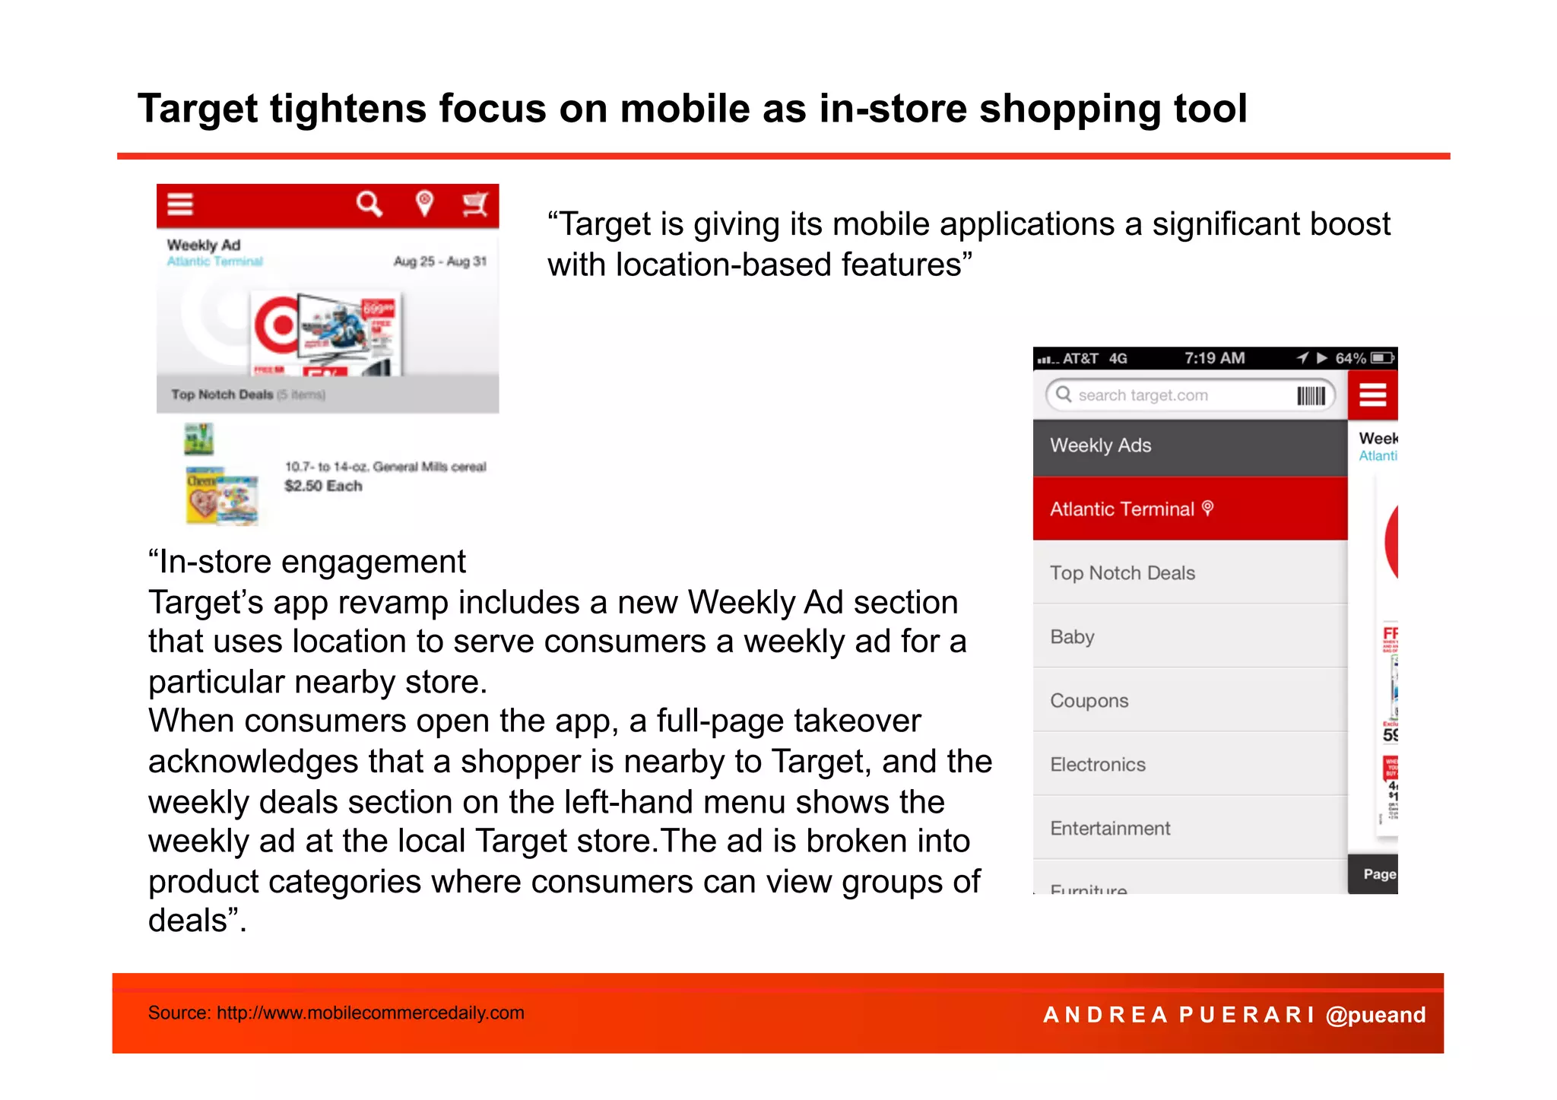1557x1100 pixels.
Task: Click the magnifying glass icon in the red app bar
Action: (x=369, y=204)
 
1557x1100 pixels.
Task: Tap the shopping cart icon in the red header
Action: (x=475, y=204)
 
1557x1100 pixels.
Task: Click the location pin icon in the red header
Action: (x=424, y=204)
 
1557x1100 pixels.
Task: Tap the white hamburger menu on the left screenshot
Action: (x=180, y=204)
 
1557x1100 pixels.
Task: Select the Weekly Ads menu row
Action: (x=1100, y=445)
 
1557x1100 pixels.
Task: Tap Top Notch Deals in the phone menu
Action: (x=1122, y=573)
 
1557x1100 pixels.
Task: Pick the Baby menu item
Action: (x=1072, y=637)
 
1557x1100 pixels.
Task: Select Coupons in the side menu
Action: (x=1089, y=701)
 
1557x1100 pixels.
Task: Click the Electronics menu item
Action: (x=1097, y=765)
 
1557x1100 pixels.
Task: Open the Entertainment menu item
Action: (x=1110, y=829)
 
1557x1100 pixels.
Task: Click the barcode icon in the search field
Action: (x=1311, y=395)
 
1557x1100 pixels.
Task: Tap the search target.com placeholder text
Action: (x=1143, y=395)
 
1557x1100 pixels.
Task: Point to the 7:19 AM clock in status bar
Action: (x=1214, y=358)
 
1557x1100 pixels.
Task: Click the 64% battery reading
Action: (x=1350, y=358)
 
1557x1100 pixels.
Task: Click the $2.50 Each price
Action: (x=323, y=486)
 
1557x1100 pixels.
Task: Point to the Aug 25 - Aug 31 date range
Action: (x=439, y=262)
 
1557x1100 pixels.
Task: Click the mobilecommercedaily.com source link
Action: (x=370, y=1013)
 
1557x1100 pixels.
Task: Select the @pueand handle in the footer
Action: (x=1375, y=1015)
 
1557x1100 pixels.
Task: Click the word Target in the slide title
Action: (x=198, y=108)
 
